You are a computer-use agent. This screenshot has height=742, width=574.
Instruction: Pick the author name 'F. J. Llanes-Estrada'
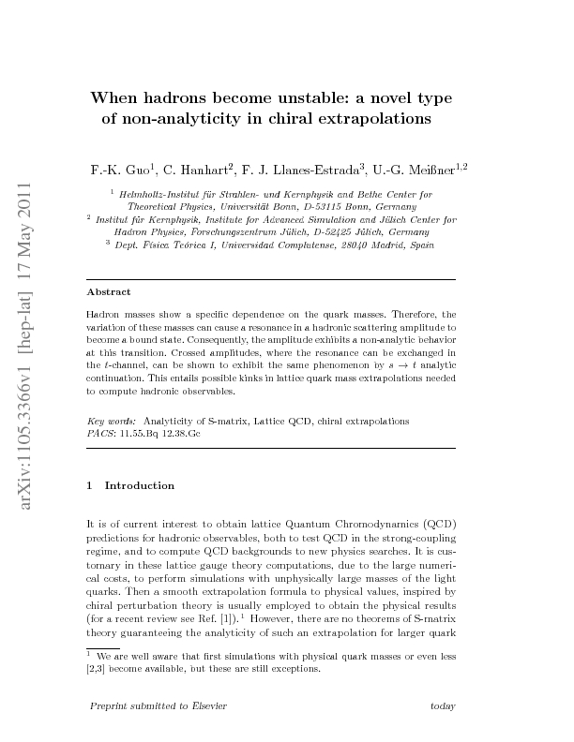tap(302, 170)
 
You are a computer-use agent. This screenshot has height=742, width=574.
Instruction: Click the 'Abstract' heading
tap(108, 292)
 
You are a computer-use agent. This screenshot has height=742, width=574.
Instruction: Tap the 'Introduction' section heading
tap(139, 485)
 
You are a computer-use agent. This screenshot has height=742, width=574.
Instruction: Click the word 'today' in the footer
tap(441, 705)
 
